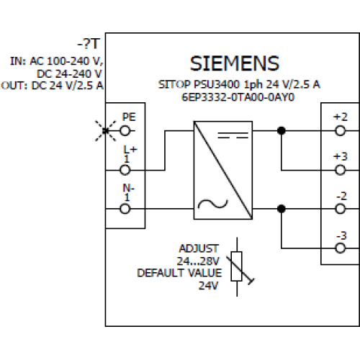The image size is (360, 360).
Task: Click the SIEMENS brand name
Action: (235, 63)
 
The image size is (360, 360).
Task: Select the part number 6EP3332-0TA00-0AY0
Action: (238, 97)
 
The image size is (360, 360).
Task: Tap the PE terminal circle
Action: (125, 131)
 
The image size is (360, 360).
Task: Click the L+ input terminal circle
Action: (125, 170)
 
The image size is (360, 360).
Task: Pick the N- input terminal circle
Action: (125, 209)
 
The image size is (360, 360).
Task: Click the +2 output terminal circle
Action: (341, 131)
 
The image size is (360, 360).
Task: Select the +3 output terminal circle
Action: (341, 170)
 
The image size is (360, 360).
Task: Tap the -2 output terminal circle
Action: (341, 209)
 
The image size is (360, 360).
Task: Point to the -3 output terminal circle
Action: (341, 248)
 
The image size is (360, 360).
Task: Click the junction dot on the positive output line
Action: (282, 131)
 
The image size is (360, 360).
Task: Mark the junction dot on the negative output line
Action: (282, 209)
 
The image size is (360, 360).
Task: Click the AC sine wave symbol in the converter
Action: (212, 204)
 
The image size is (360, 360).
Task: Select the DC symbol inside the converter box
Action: (233, 135)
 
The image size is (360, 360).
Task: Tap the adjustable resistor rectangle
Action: (236, 266)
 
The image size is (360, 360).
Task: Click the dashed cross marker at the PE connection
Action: (106, 131)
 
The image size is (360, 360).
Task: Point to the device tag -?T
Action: (89, 44)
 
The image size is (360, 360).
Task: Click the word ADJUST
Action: (199, 248)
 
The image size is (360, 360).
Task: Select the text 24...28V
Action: (198, 261)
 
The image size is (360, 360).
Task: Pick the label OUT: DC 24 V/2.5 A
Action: (52, 86)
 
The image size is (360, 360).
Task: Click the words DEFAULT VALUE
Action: (179, 273)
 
